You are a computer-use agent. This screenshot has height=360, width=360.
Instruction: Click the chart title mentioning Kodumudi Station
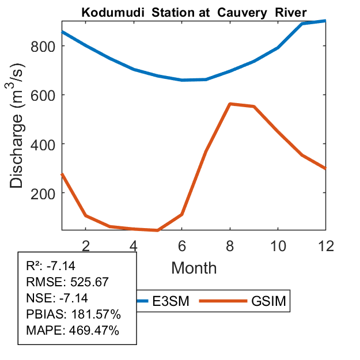(194, 12)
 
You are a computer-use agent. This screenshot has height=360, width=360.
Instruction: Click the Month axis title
(194, 267)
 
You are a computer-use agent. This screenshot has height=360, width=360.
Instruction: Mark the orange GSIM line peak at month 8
(230, 104)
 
